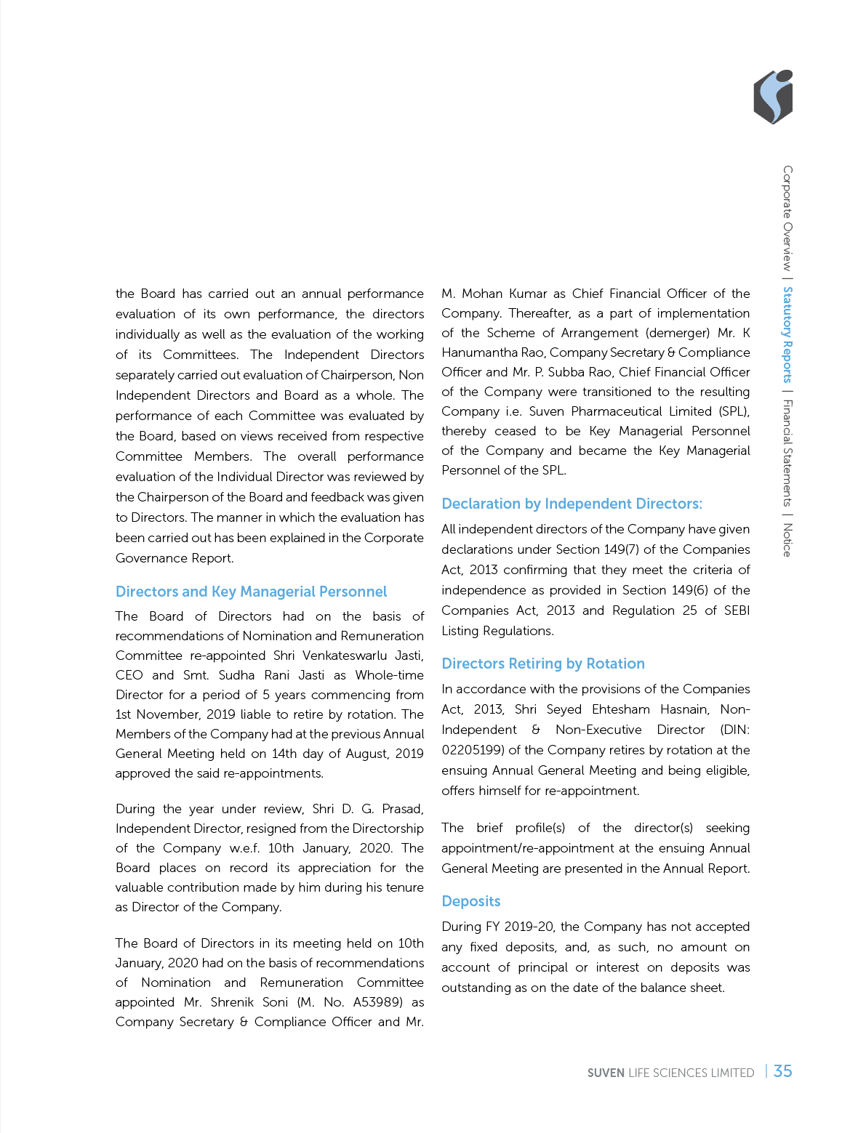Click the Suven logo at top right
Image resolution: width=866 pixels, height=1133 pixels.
pos(773,97)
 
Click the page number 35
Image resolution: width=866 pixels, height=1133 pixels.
pos(783,1071)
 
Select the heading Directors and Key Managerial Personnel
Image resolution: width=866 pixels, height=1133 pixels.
pos(251,592)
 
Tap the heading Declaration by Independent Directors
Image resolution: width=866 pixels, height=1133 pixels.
pos(572,504)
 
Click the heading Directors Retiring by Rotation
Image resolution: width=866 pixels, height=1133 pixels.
pos(543,664)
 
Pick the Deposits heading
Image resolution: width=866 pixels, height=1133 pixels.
pos(471,901)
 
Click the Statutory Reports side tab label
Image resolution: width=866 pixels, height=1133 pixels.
pos(787,335)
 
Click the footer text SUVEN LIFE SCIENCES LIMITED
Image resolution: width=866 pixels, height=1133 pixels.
pos(670,1073)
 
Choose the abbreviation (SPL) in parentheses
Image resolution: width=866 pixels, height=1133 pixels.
pos(734,411)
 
